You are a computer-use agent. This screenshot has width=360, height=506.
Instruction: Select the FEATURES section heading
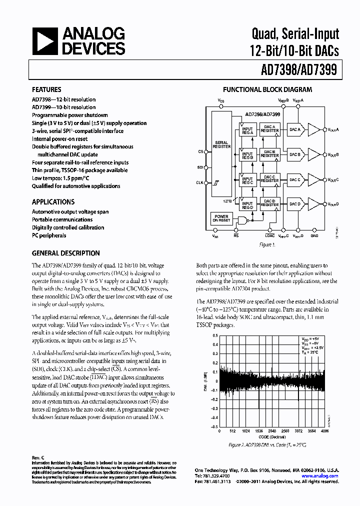(x=46, y=90)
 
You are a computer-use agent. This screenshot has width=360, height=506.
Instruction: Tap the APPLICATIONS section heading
(x=53, y=202)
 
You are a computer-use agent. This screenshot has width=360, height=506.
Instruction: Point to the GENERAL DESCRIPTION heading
(x=65, y=253)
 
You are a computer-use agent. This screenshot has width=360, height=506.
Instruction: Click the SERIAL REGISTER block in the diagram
(x=222, y=144)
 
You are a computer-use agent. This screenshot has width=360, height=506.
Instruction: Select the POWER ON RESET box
(x=221, y=218)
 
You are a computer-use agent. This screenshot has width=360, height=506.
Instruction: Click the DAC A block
(x=295, y=130)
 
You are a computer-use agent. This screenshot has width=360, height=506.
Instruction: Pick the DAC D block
(x=295, y=203)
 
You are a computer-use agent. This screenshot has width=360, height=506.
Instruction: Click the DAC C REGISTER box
(x=270, y=179)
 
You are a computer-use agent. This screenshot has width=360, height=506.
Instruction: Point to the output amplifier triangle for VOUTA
(x=314, y=130)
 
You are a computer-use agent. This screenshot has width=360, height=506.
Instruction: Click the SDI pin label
(x=200, y=167)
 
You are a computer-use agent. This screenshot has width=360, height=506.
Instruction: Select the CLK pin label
(x=200, y=184)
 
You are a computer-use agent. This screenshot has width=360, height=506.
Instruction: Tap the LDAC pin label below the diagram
(x=270, y=235)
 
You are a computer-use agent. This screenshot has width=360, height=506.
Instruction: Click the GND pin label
(x=314, y=235)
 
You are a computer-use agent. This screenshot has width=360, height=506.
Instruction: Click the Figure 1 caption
(x=267, y=245)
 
